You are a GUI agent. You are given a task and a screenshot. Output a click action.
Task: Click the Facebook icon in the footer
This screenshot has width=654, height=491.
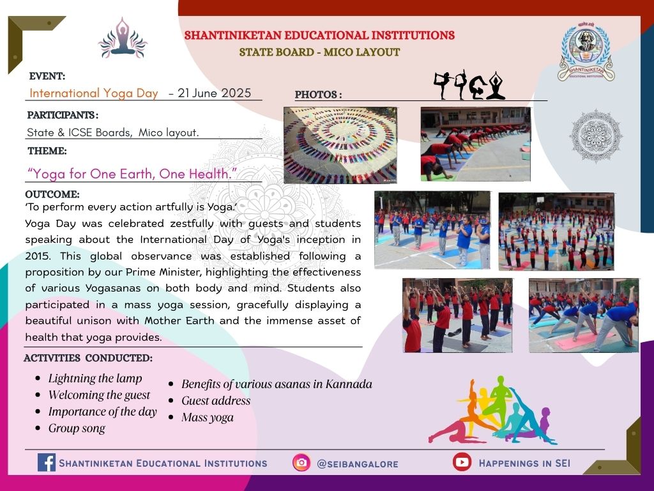(46, 463)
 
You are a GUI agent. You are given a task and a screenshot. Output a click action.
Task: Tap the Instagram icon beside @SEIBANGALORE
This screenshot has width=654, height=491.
(301, 463)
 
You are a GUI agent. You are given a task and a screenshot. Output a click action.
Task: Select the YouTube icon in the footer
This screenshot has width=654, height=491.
(462, 462)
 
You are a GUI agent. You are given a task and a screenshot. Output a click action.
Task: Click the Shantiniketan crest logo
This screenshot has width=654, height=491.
(586, 51)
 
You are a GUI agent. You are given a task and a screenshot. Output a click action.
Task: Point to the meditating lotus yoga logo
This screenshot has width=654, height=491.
(123, 38)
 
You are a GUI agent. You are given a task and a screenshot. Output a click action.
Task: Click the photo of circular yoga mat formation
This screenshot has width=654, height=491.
(340, 145)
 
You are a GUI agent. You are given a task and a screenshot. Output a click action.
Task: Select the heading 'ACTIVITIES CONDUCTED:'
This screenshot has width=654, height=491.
(88, 358)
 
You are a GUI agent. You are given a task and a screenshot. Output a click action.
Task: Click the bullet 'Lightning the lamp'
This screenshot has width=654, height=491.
(95, 378)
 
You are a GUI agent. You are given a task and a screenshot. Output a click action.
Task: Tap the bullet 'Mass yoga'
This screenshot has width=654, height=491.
(208, 417)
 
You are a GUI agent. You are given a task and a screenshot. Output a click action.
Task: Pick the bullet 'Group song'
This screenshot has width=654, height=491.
(77, 428)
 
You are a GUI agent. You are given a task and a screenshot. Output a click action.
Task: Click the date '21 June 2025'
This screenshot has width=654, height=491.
(215, 93)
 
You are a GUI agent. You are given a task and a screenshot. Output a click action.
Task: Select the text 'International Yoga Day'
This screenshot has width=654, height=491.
(94, 93)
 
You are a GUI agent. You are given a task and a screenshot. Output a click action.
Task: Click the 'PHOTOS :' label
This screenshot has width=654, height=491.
(318, 95)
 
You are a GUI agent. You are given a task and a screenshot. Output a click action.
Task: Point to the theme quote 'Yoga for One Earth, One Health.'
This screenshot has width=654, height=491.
(132, 174)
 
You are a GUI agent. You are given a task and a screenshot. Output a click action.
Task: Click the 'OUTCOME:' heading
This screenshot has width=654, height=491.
(52, 194)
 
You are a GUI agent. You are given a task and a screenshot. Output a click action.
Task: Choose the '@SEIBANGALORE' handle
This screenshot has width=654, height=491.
(358, 464)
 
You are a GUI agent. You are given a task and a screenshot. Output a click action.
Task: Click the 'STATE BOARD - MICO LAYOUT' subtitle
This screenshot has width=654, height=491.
(319, 52)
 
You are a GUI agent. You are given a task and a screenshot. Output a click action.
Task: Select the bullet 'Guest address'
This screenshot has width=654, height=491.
(216, 401)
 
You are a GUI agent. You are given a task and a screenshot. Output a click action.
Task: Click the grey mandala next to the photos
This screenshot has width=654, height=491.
(596, 136)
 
